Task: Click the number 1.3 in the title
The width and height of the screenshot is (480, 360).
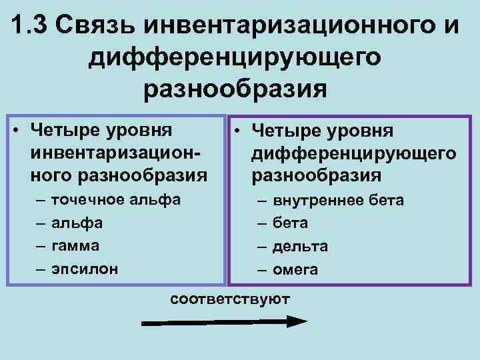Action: point(31,26)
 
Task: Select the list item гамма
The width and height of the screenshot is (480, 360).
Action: point(75,245)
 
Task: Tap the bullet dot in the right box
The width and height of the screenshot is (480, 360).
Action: point(238,131)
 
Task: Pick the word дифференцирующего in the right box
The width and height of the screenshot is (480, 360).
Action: point(353,154)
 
